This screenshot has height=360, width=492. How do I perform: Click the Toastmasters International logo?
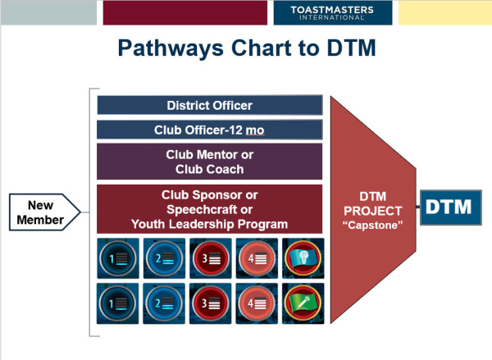(x=333, y=13)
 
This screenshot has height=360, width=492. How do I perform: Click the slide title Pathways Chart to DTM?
(x=247, y=48)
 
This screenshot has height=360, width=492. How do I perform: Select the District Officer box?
(x=210, y=105)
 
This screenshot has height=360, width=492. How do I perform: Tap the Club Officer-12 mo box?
(x=210, y=130)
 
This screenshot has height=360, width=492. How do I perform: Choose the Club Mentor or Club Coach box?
(x=210, y=162)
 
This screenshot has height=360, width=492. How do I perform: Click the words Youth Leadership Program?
(x=210, y=224)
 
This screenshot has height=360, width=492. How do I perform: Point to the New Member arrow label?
(x=45, y=212)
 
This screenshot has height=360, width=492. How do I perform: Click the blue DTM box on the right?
(x=450, y=207)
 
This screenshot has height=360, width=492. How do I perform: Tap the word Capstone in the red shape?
(x=373, y=225)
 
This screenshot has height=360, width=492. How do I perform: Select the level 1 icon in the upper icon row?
(x=118, y=258)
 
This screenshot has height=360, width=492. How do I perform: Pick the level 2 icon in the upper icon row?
(x=164, y=258)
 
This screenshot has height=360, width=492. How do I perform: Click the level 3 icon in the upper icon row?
(x=211, y=258)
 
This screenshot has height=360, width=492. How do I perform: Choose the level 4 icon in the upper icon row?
(x=257, y=258)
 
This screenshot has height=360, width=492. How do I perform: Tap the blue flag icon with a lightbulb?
(x=303, y=258)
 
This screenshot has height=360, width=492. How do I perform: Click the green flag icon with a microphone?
(x=303, y=303)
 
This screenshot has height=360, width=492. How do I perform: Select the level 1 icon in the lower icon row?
(x=117, y=303)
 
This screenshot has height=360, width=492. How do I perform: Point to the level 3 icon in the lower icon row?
(x=210, y=303)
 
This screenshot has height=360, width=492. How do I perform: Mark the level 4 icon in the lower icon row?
(x=257, y=303)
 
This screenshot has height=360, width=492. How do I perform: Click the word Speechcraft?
(x=203, y=210)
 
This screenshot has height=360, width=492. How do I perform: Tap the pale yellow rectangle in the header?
(x=445, y=12)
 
